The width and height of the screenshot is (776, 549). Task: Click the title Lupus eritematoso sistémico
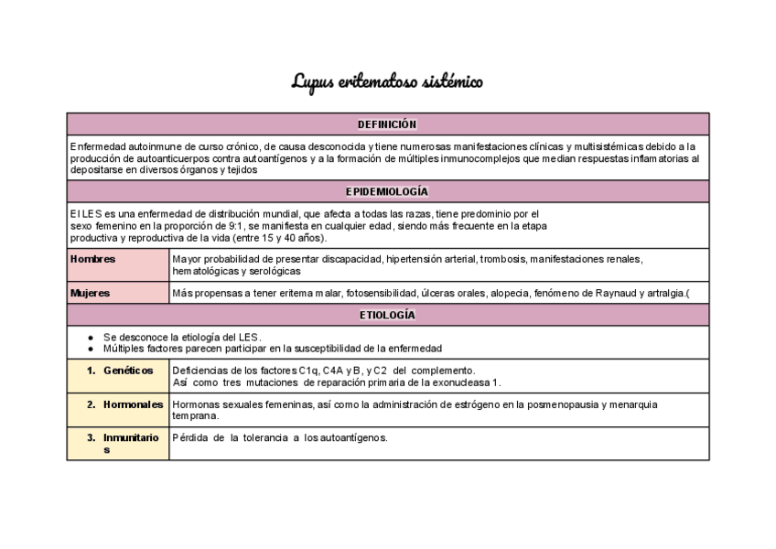click(x=387, y=82)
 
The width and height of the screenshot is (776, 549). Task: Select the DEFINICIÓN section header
click(x=387, y=124)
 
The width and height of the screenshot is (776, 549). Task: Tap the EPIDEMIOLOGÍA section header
click(x=387, y=192)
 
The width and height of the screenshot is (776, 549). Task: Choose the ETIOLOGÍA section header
click(x=387, y=316)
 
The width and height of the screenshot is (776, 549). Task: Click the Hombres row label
click(x=93, y=259)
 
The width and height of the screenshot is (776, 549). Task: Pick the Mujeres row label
click(x=91, y=294)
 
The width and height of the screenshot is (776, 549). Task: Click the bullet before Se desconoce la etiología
click(x=91, y=337)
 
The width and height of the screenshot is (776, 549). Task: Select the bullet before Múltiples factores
click(x=91, y=349)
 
